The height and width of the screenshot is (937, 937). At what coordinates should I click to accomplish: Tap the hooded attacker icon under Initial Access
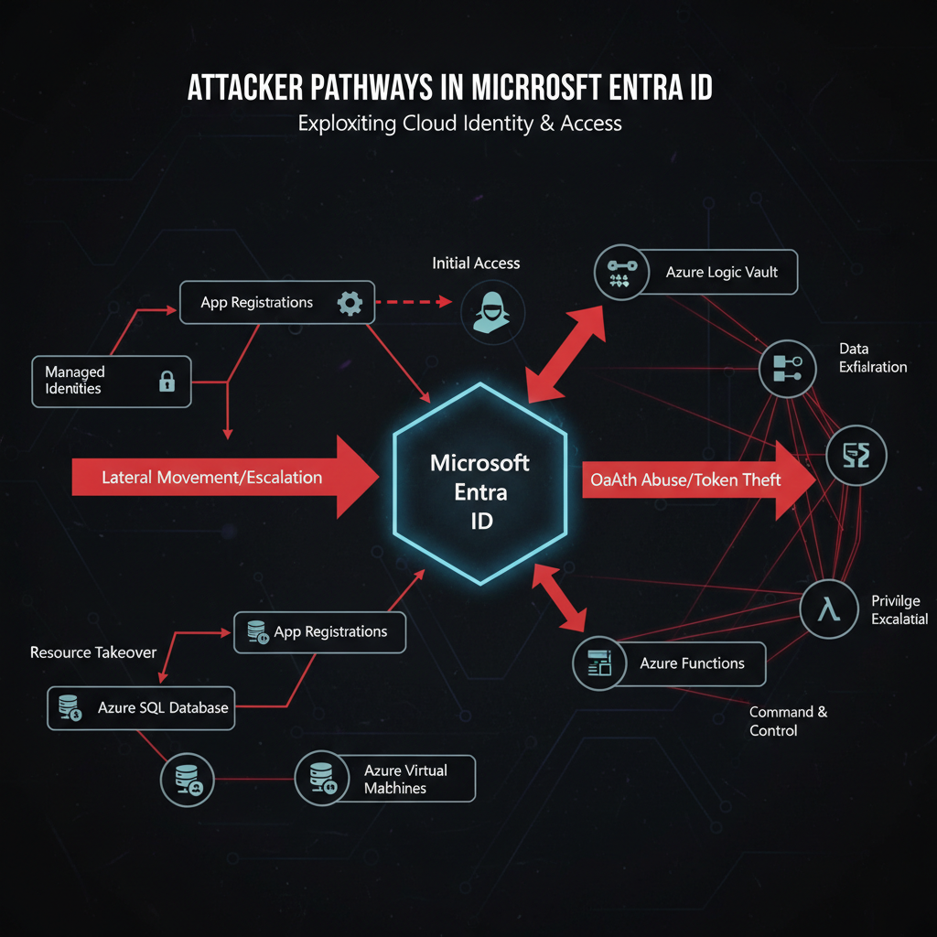(x=492, y=311)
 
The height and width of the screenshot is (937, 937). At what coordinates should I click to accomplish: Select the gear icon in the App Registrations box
(x=350, y=303)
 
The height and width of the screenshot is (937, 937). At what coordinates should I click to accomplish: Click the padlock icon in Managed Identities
(x=167, y=382)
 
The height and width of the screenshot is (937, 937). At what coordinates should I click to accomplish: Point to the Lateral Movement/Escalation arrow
(x=224, y=477)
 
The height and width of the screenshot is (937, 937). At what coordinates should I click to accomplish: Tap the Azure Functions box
(x=668, y=663)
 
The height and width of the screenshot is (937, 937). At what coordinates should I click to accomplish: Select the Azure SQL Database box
(x=141, y=707)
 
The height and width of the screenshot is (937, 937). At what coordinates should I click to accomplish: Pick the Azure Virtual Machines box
(x=385, y=779)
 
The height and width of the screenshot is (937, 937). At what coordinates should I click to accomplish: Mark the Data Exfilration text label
(x=872, y=358)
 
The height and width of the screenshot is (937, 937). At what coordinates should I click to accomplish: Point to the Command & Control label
(x=787, y=721)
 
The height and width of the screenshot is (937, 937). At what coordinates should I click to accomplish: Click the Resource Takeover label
(x=93, y=652)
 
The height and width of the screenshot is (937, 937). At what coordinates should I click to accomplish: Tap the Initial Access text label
(x=476, y=264)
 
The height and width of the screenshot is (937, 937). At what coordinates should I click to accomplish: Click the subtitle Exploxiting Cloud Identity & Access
(x=459, y=123)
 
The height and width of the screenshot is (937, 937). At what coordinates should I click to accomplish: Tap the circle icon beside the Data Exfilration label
(x=787, y=368)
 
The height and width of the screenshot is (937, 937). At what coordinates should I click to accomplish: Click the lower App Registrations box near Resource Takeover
(x=319, y=631)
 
